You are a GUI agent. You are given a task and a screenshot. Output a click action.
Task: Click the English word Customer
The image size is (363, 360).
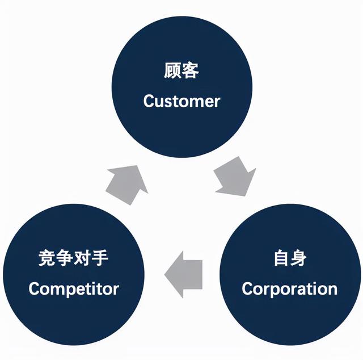[x=181, y=102]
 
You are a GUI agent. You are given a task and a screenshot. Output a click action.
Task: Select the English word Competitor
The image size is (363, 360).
[x=74, y=288]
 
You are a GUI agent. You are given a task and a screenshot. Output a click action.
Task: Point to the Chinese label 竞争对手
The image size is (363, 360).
[x=74, y=259]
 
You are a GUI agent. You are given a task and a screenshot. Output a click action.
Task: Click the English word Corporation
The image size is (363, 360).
[x=289, y=288]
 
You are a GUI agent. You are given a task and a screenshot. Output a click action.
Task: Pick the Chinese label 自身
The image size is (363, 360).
[x=289, y=259]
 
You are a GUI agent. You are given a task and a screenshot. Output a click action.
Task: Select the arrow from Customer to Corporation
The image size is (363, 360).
[x=234, y=178]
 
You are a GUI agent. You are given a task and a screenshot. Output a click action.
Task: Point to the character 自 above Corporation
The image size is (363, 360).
[x=280, y=259]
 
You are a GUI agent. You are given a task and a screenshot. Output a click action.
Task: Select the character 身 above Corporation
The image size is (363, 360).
[x=298, y=259]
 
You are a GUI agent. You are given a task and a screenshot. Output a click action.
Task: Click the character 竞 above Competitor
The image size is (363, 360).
[x=47, y=259]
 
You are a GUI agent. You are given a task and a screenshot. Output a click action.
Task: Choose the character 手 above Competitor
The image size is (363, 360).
[x=101, y=259]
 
